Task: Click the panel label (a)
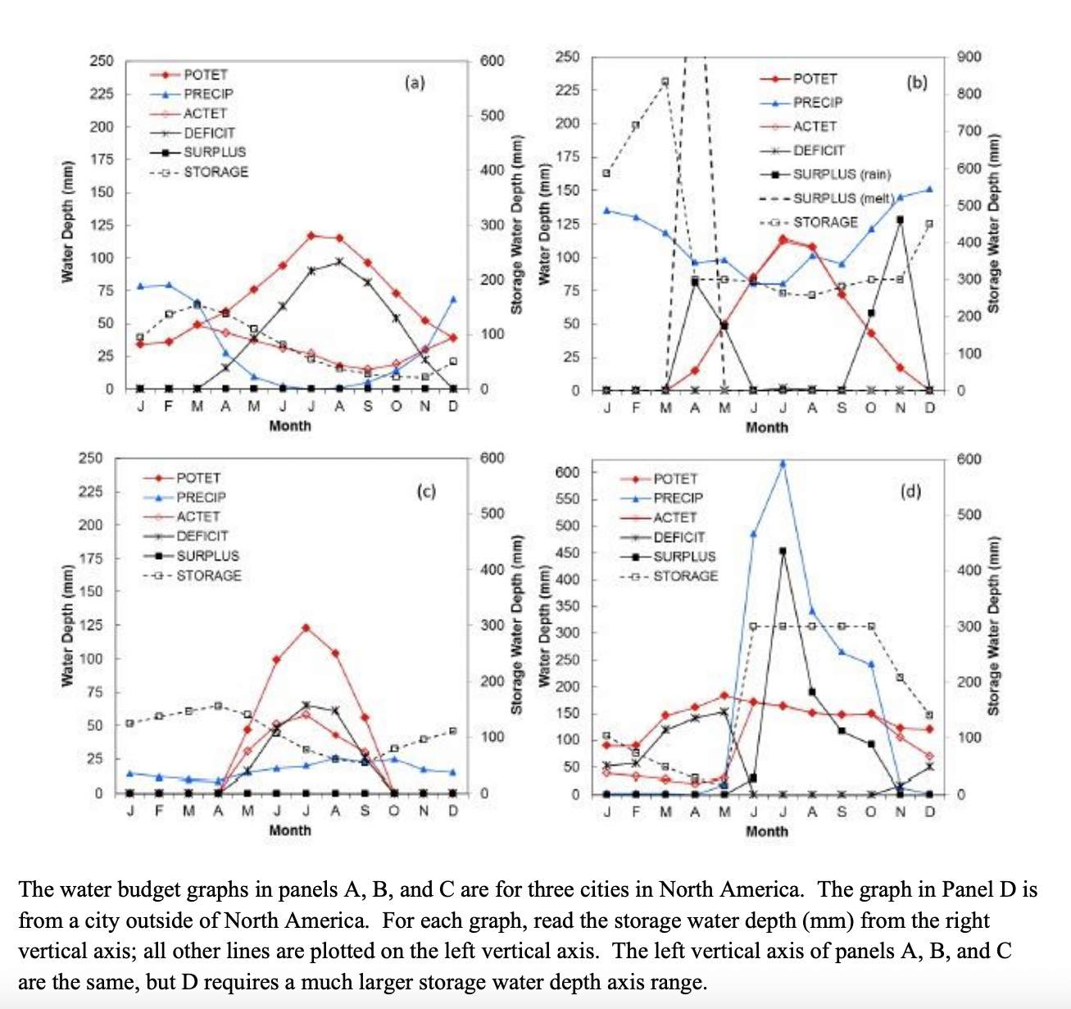[x=415, y=83]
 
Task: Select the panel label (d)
[x=910, y=491]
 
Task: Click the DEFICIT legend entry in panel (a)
[x=209, y=133]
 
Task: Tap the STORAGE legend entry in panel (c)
[x=209, y=575]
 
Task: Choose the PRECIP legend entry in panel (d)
[x=678, y=498]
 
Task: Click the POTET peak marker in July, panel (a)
[x=311, y=235]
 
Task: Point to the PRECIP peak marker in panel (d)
[x=783, y=463]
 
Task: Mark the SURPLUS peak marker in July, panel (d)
[x=783, y=551]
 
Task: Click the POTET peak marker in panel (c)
[x=306, y=628]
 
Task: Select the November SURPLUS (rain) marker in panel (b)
[x=900, y=220]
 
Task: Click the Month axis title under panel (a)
[x=290, y=425]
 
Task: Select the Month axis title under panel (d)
[x=766, y=831]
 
